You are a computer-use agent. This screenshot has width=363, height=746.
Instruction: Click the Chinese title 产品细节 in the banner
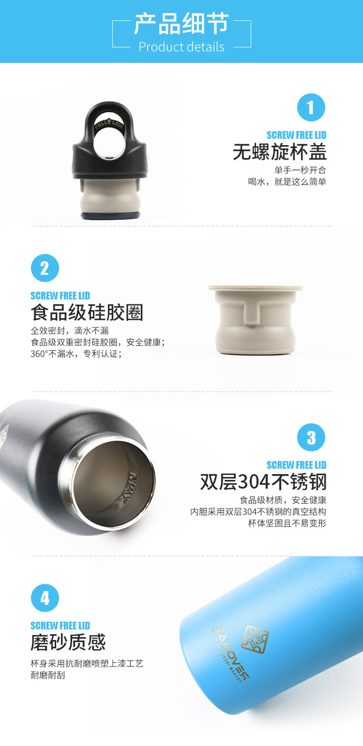pos(181,23)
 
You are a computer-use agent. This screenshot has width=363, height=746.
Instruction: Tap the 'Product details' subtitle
pos(181,47)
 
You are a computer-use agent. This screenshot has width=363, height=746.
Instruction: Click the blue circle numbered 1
pos(311,107)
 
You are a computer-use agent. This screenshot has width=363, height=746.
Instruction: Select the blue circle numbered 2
pos(45,268)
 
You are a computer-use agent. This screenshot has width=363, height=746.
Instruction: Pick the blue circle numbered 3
pos(311,437)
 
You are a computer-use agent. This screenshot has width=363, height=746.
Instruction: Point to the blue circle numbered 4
pos(45,598)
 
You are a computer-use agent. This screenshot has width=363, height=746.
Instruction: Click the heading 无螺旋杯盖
pos(279,152)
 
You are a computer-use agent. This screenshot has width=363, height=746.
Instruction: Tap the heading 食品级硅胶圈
pos(87,313)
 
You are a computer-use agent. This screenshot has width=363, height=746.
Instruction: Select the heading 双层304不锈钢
pos(263,482)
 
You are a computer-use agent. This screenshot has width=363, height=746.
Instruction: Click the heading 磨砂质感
pos(68,643)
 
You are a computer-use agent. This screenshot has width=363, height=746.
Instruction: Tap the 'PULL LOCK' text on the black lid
pos(109,124)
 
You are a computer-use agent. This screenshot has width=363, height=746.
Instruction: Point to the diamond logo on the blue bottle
pos(255,639)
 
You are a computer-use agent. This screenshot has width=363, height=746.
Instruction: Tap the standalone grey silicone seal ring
pos(255,320)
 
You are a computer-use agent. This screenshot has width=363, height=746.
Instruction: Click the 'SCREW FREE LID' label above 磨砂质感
pos(60,625)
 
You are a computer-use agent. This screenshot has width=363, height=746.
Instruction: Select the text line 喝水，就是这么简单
pos(287,182)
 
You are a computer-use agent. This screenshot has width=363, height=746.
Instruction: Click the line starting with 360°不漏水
pos(76,354)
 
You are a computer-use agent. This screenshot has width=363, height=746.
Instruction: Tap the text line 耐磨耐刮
pos(48,675)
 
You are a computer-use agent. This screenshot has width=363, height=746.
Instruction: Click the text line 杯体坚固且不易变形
pos(287,523)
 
